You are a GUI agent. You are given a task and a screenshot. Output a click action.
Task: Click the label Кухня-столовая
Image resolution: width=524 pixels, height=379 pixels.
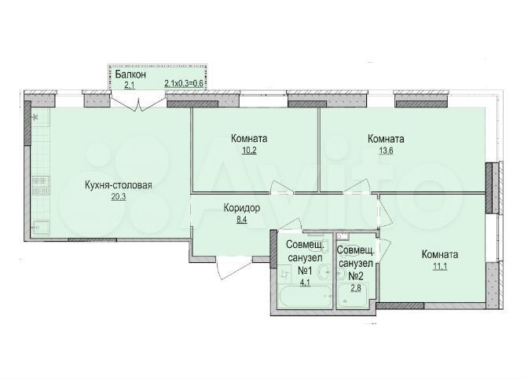pos(118,186)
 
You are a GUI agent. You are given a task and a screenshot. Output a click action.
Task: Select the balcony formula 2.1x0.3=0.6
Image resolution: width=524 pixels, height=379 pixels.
pos(184,82)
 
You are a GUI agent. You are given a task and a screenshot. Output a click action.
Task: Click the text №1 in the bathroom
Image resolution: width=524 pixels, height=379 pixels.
pos(303,271)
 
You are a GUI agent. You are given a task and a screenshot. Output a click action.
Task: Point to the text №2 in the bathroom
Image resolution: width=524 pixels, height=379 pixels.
pos(355,275)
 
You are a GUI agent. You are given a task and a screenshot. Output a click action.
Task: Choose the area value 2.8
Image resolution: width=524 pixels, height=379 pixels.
pos(355,287)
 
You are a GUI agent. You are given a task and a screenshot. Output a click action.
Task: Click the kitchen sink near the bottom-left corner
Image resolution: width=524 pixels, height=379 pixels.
pos(41,226)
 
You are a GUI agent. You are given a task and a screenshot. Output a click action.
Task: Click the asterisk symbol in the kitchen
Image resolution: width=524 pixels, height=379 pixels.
pos(35,117)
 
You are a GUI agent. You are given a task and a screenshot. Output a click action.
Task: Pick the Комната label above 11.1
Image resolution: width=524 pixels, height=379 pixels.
pos(439,254)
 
